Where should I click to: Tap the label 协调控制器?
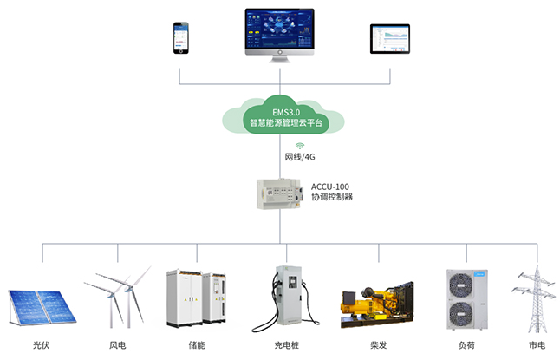pyautogui.click(x=331, y=199)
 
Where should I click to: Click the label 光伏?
pyautogui.click(x=40, y=345)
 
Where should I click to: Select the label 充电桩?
pyautogui.click(x=287, y=345)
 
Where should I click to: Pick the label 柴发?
pyautogui.click(x=378, y=345)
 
